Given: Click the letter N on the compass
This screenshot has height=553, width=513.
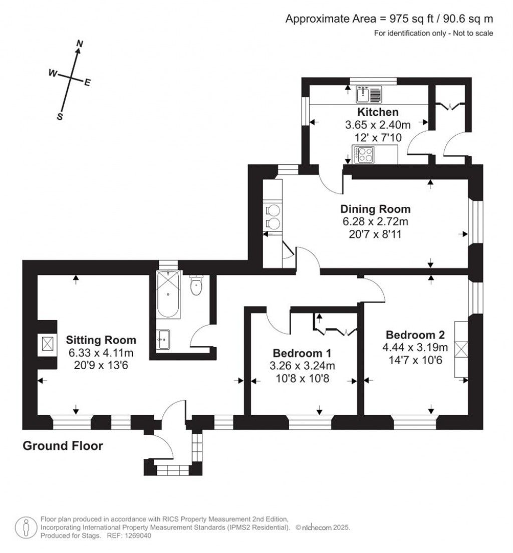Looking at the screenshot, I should (x=79, y=44).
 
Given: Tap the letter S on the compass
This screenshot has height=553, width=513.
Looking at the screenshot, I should (x=60, y=117).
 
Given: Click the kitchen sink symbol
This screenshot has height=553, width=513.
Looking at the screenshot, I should (x=369, y=94).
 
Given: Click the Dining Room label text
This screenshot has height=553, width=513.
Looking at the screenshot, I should (x=375, y=209).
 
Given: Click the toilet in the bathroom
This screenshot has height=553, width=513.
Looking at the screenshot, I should (x=196, y=286).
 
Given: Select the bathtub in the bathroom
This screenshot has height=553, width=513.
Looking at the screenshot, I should (x=168, y=295).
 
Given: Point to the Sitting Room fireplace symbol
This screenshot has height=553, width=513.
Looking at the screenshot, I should (x=48, y=345).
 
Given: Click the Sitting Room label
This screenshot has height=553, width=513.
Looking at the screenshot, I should (x=102, y=340).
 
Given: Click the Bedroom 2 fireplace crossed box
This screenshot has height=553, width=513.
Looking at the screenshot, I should (x=461, y=349).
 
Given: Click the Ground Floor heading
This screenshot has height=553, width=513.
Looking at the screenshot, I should (x=63, y=446).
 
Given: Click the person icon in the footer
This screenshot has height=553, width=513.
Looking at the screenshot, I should (x=25, y=527).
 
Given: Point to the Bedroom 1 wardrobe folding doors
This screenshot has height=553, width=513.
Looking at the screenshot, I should (x=336, y=330).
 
